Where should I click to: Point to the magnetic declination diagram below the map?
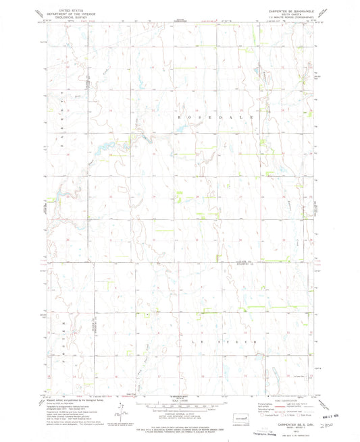119,409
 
